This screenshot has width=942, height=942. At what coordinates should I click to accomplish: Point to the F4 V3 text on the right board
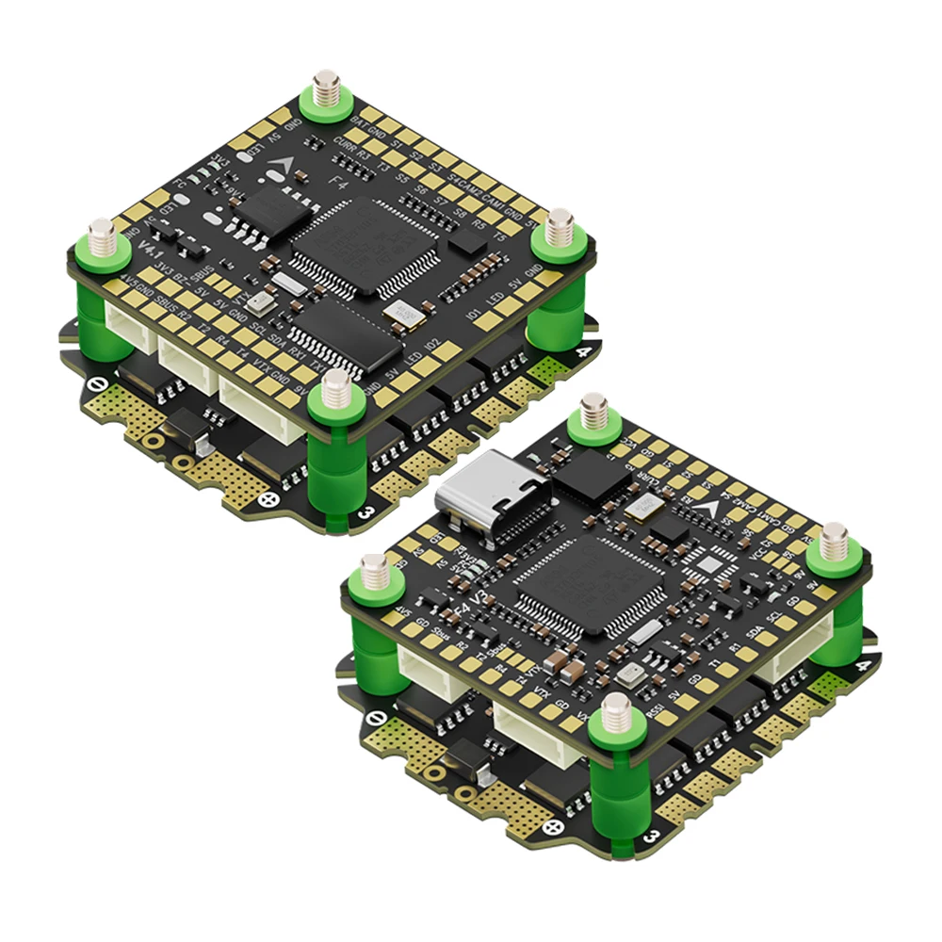tap(471, 603)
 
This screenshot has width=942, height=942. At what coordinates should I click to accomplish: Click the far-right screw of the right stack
tap(833, 545)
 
